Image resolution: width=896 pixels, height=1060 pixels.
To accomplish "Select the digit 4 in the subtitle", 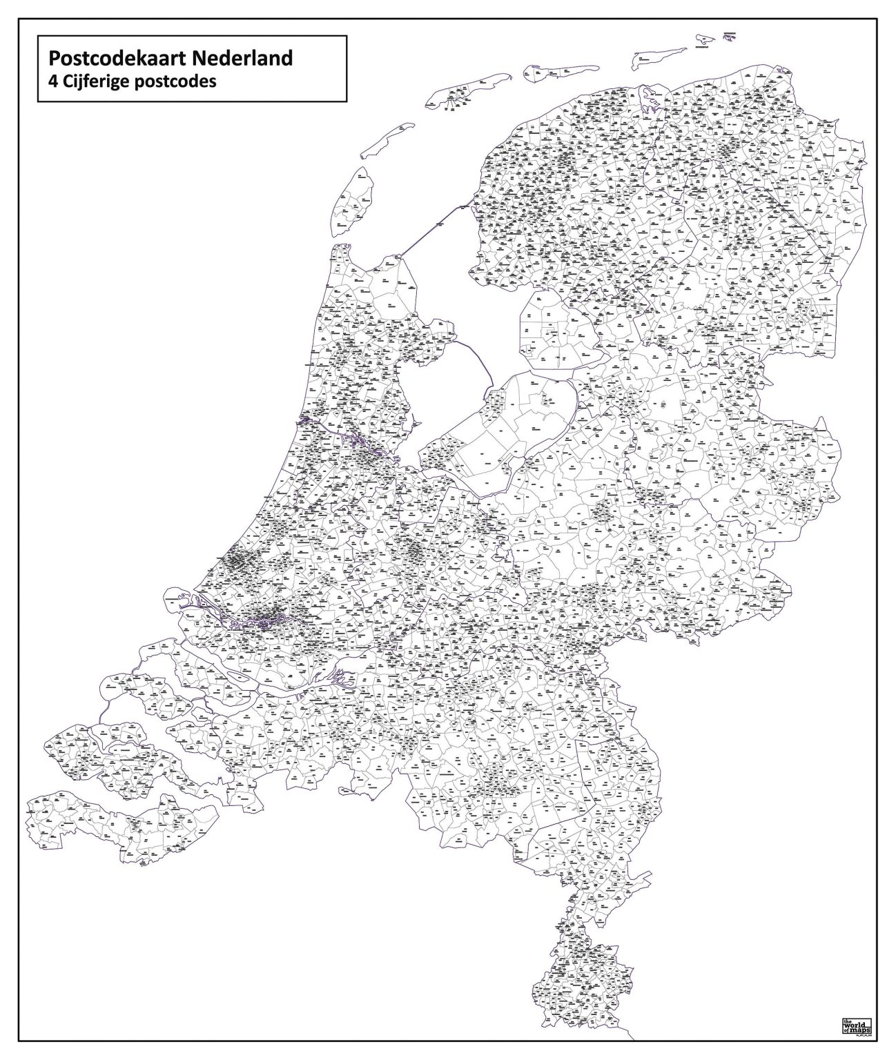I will click(46, 81).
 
